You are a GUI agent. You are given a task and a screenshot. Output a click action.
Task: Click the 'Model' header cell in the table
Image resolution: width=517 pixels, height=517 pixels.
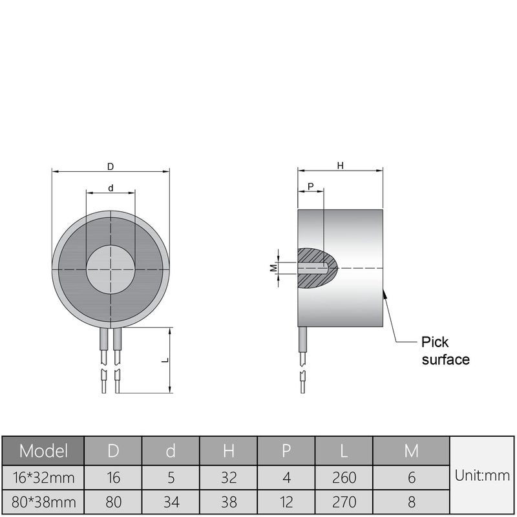point(44,450)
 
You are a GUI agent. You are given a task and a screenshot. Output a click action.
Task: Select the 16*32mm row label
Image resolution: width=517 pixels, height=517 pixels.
point(44,478)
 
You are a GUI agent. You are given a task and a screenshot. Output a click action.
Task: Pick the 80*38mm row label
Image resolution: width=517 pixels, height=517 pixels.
point(44,501)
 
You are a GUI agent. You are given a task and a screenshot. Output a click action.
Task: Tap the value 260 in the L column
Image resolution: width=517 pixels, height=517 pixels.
point(344,478)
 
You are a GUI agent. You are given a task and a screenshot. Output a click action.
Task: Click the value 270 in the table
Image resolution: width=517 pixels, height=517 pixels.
point(344,501)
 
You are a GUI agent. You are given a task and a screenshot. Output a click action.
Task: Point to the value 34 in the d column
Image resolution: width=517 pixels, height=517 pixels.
point(171,501)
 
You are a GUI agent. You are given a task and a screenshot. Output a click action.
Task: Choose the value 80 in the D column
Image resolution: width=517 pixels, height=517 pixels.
point(113,501)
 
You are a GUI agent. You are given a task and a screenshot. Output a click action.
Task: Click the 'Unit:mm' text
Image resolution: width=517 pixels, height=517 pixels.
point(482,476)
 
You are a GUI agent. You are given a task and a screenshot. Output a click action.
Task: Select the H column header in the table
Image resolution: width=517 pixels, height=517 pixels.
point(228,450)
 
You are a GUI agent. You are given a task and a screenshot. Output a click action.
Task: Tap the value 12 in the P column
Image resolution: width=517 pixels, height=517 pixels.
point(286,501)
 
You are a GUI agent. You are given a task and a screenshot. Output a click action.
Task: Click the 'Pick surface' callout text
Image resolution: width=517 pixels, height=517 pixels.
point(445,350)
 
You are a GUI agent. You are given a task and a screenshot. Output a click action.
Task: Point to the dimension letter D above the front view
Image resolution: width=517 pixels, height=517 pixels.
point(111,166)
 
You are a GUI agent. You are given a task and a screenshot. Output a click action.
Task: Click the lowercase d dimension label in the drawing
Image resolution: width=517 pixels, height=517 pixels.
point(111,188)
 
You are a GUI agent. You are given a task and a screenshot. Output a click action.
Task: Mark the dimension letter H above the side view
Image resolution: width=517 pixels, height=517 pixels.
point(340,166)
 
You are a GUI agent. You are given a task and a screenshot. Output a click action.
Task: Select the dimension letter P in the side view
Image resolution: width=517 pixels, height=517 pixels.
point(311,186)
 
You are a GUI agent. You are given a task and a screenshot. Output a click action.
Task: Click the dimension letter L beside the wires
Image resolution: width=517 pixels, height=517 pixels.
point(165,360)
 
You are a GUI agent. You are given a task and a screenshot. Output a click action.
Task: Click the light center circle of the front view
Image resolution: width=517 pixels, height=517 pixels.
point(111,268)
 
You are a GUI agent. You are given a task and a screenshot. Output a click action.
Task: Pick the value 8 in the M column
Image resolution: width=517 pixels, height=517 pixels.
point(411,501)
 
